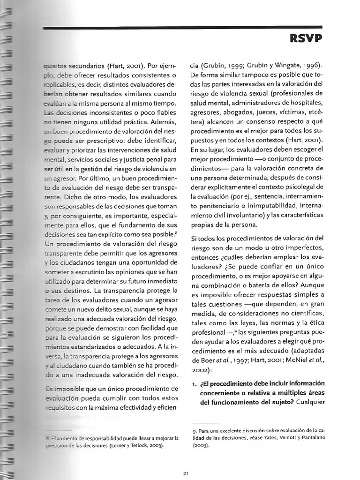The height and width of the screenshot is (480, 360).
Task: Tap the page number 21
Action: pyautogui.click(x=186, y=473)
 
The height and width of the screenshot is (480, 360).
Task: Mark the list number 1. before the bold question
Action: pyautogui.click(x=193, y=384)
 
